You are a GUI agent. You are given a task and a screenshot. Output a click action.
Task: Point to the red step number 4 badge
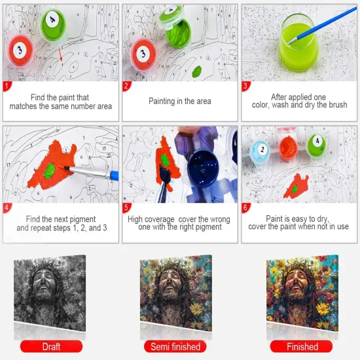click(7, 208)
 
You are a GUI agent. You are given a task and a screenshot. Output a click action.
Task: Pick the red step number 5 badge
click(127, 208)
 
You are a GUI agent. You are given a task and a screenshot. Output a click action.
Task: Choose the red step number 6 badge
click(247, 208)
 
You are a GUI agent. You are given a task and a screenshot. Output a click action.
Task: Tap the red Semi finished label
click(174, 346)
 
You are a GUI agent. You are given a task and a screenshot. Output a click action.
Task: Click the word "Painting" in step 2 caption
click(156, 101)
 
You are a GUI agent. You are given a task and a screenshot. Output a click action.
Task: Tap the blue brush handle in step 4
click(107, 175)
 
